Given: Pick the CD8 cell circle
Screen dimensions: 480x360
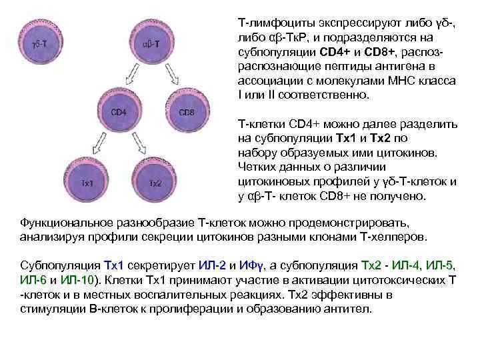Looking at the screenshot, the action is point(187,113).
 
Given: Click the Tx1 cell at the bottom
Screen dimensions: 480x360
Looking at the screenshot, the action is point(87,181).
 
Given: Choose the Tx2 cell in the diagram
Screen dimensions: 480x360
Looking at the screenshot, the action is point(155,181).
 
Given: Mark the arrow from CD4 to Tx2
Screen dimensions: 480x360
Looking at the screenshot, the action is point(138,149).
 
